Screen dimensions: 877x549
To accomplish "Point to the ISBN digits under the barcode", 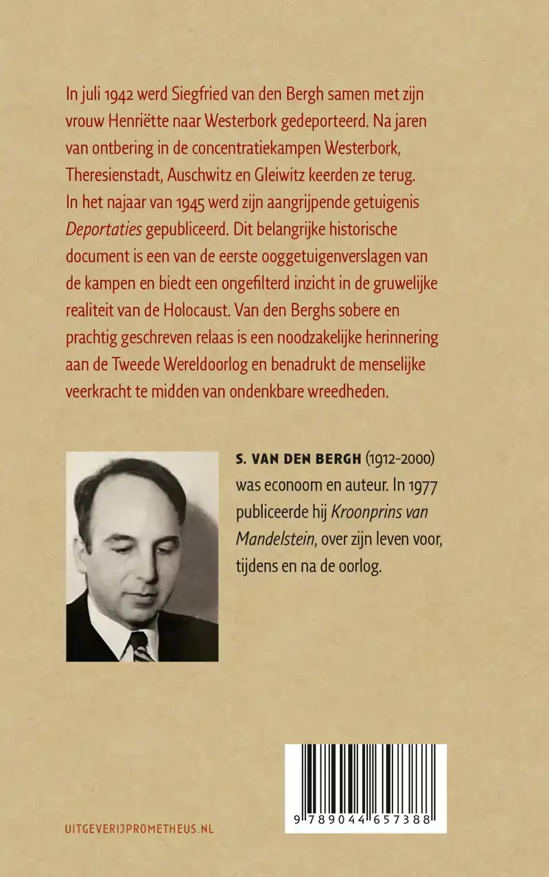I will (365, 820).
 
